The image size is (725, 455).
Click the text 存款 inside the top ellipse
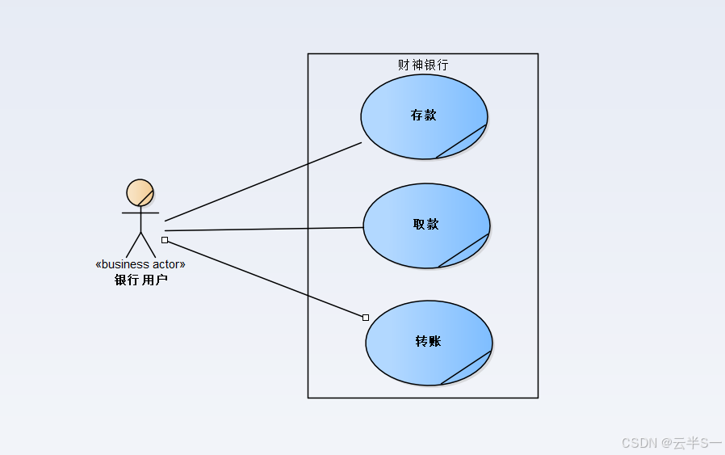pos(424,116)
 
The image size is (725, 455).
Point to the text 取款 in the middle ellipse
pos(426,225)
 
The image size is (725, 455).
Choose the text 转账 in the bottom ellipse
pos(429,342)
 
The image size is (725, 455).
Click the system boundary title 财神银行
pos(423,65)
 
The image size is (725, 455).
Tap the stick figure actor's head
pos(140,193)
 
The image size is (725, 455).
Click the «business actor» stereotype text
pos(140,264)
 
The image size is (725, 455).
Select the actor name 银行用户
pos(141,280)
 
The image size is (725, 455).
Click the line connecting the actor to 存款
pos(263,182)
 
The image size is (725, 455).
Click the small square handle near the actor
pos(165,240)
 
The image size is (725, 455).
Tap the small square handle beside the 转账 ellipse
pos(366,317)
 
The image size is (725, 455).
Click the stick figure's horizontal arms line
pos(140,213)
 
